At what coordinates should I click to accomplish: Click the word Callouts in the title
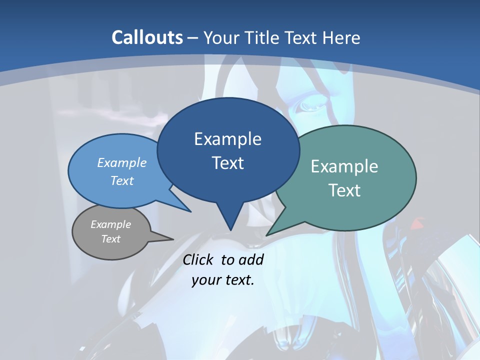point(147,37)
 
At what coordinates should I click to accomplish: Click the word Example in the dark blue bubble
point(227,139)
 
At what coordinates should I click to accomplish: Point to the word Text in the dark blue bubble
point(227,163)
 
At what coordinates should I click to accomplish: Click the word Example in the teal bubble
point(344,166)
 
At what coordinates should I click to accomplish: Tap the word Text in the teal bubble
point(344,190)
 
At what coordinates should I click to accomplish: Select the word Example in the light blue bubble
point(122,162)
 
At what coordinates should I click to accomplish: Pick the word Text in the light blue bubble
point(122,180)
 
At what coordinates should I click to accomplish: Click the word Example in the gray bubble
point(111,224)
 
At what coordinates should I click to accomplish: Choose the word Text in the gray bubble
point(111,239)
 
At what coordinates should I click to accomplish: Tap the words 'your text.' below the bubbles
point(223,280)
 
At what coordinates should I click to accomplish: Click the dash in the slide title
point(193,37)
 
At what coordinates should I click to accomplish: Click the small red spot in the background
point(416,225)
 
